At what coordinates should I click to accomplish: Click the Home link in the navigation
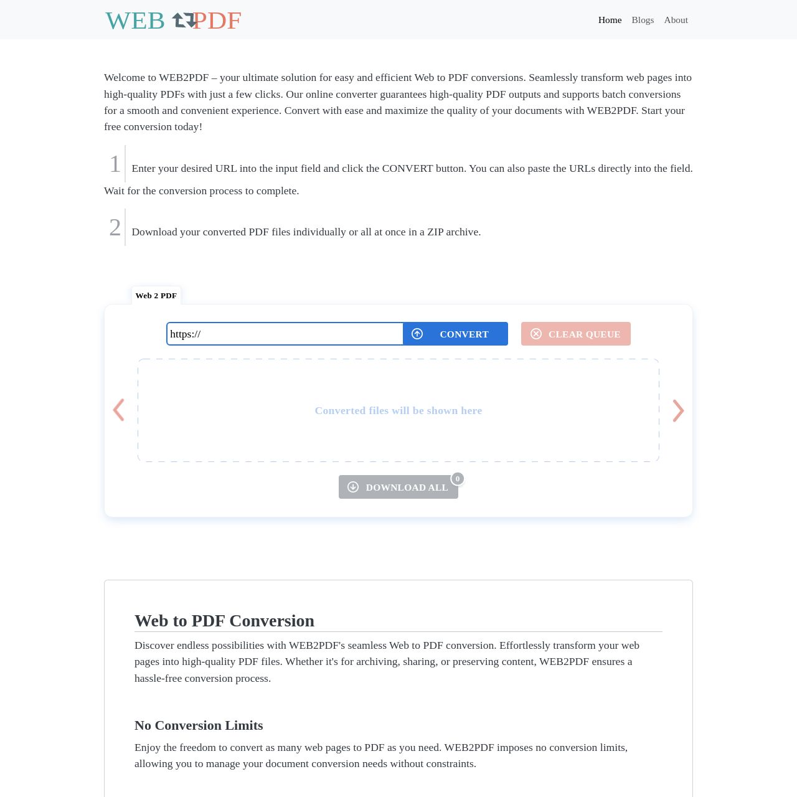(610, 20)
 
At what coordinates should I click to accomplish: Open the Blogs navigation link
(643, 20)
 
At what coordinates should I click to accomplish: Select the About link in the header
(676, 20)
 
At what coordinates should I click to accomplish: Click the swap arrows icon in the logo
(184, 21)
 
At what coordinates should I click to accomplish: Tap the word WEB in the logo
(135, 21)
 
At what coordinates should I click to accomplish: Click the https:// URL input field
(285, 334)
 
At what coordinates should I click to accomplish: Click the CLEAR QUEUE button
(575, 334)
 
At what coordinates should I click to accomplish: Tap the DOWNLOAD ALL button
(398, 487)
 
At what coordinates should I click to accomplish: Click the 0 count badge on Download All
(458, 479)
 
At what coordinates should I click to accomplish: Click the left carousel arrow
(118, 410)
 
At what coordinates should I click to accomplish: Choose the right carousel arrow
(678, 410)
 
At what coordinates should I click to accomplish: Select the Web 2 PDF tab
(156, 296)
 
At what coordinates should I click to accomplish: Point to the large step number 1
(115, 164)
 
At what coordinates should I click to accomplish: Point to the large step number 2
(115, 228)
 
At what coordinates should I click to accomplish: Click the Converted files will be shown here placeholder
(398, 410)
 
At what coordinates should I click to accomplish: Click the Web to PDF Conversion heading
(224, 621)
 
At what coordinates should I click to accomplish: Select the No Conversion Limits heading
(199, 725)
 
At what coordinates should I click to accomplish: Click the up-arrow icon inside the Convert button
(417, 334)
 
